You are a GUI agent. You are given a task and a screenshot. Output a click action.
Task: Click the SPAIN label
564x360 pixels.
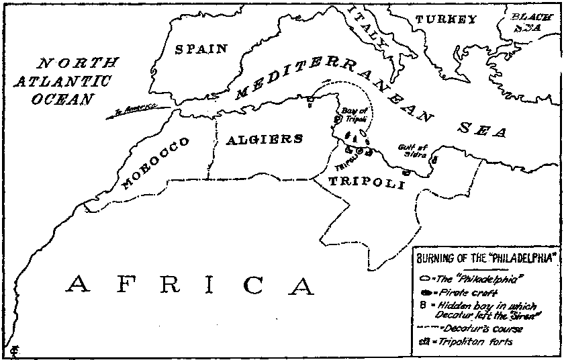coord(201,48)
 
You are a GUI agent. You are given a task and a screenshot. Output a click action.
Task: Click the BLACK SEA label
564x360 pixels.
coord(531,23)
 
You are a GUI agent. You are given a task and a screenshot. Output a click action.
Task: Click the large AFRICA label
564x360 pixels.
coord(189,285)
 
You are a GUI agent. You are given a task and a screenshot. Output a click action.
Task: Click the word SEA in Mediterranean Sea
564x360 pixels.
coord(479,129)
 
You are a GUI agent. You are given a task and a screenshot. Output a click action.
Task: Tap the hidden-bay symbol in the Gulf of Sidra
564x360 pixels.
coord(434,160)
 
